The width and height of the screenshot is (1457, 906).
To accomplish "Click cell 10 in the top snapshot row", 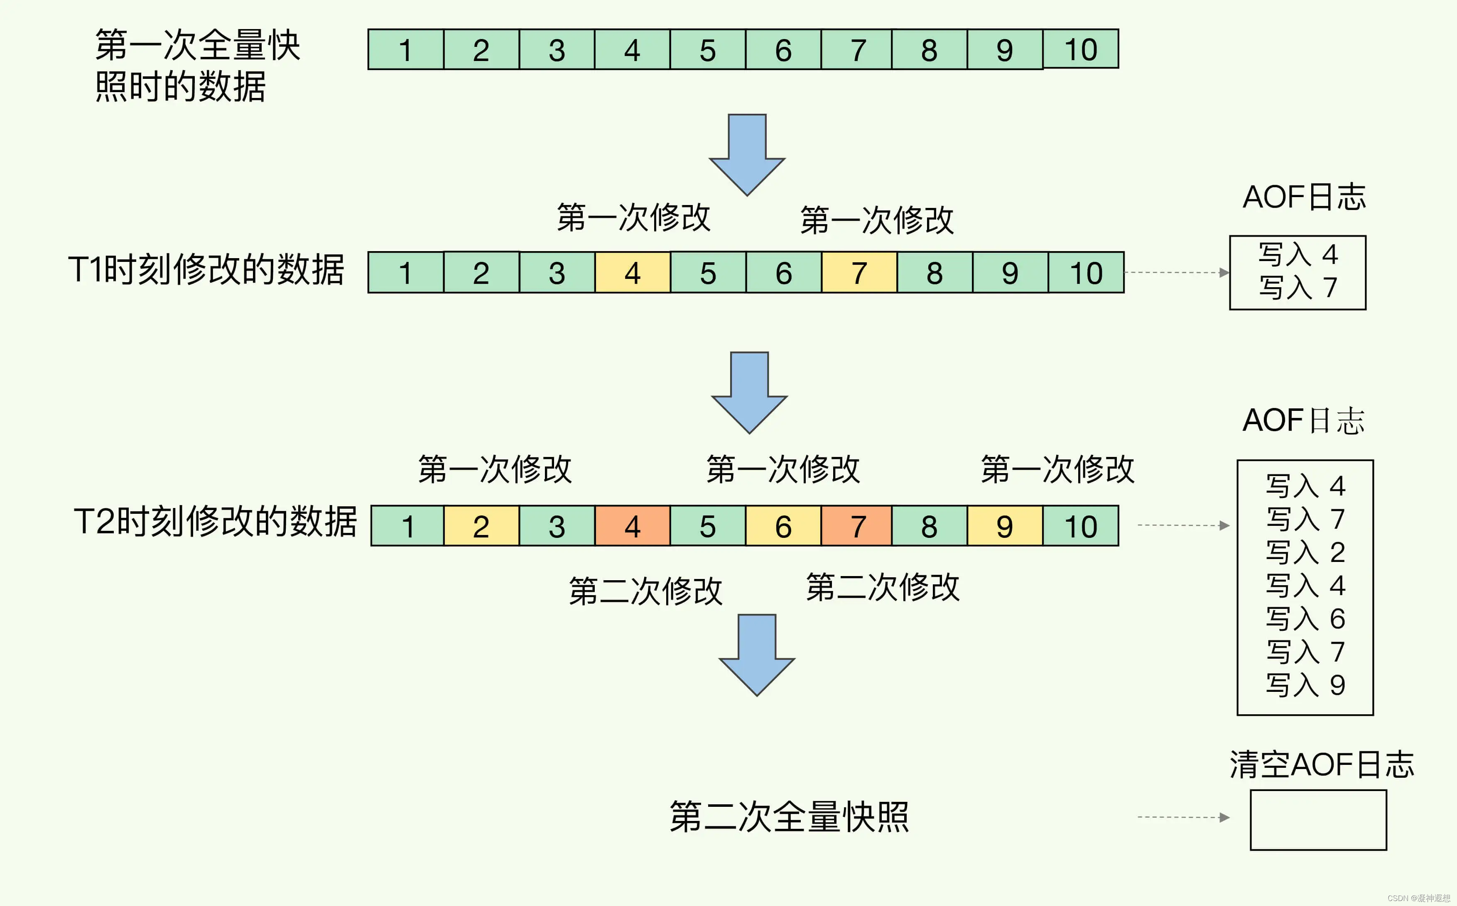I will click(1080, 49).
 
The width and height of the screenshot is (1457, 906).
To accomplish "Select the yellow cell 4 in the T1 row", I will click(633, 273).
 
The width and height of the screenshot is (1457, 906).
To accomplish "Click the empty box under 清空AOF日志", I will click(1318, 820).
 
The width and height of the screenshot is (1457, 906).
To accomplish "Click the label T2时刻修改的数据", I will click(215, 521).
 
